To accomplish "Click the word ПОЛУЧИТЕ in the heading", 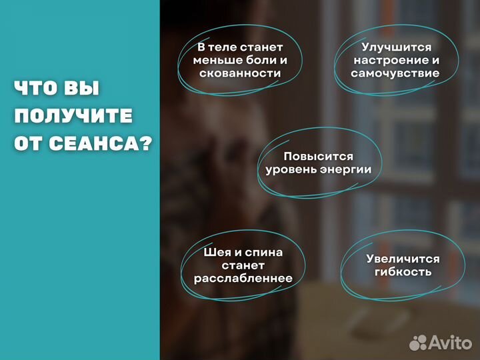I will [73, 116].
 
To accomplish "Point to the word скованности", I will [240, 73].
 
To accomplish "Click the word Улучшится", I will [396, 47].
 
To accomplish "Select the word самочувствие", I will [395, 73].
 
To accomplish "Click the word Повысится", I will [319, 157].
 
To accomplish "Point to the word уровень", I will [290, 169].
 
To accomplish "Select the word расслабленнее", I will [243, 278].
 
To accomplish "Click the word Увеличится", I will [403, 259].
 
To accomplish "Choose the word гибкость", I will [403, 272].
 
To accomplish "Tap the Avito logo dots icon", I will [418, 343].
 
